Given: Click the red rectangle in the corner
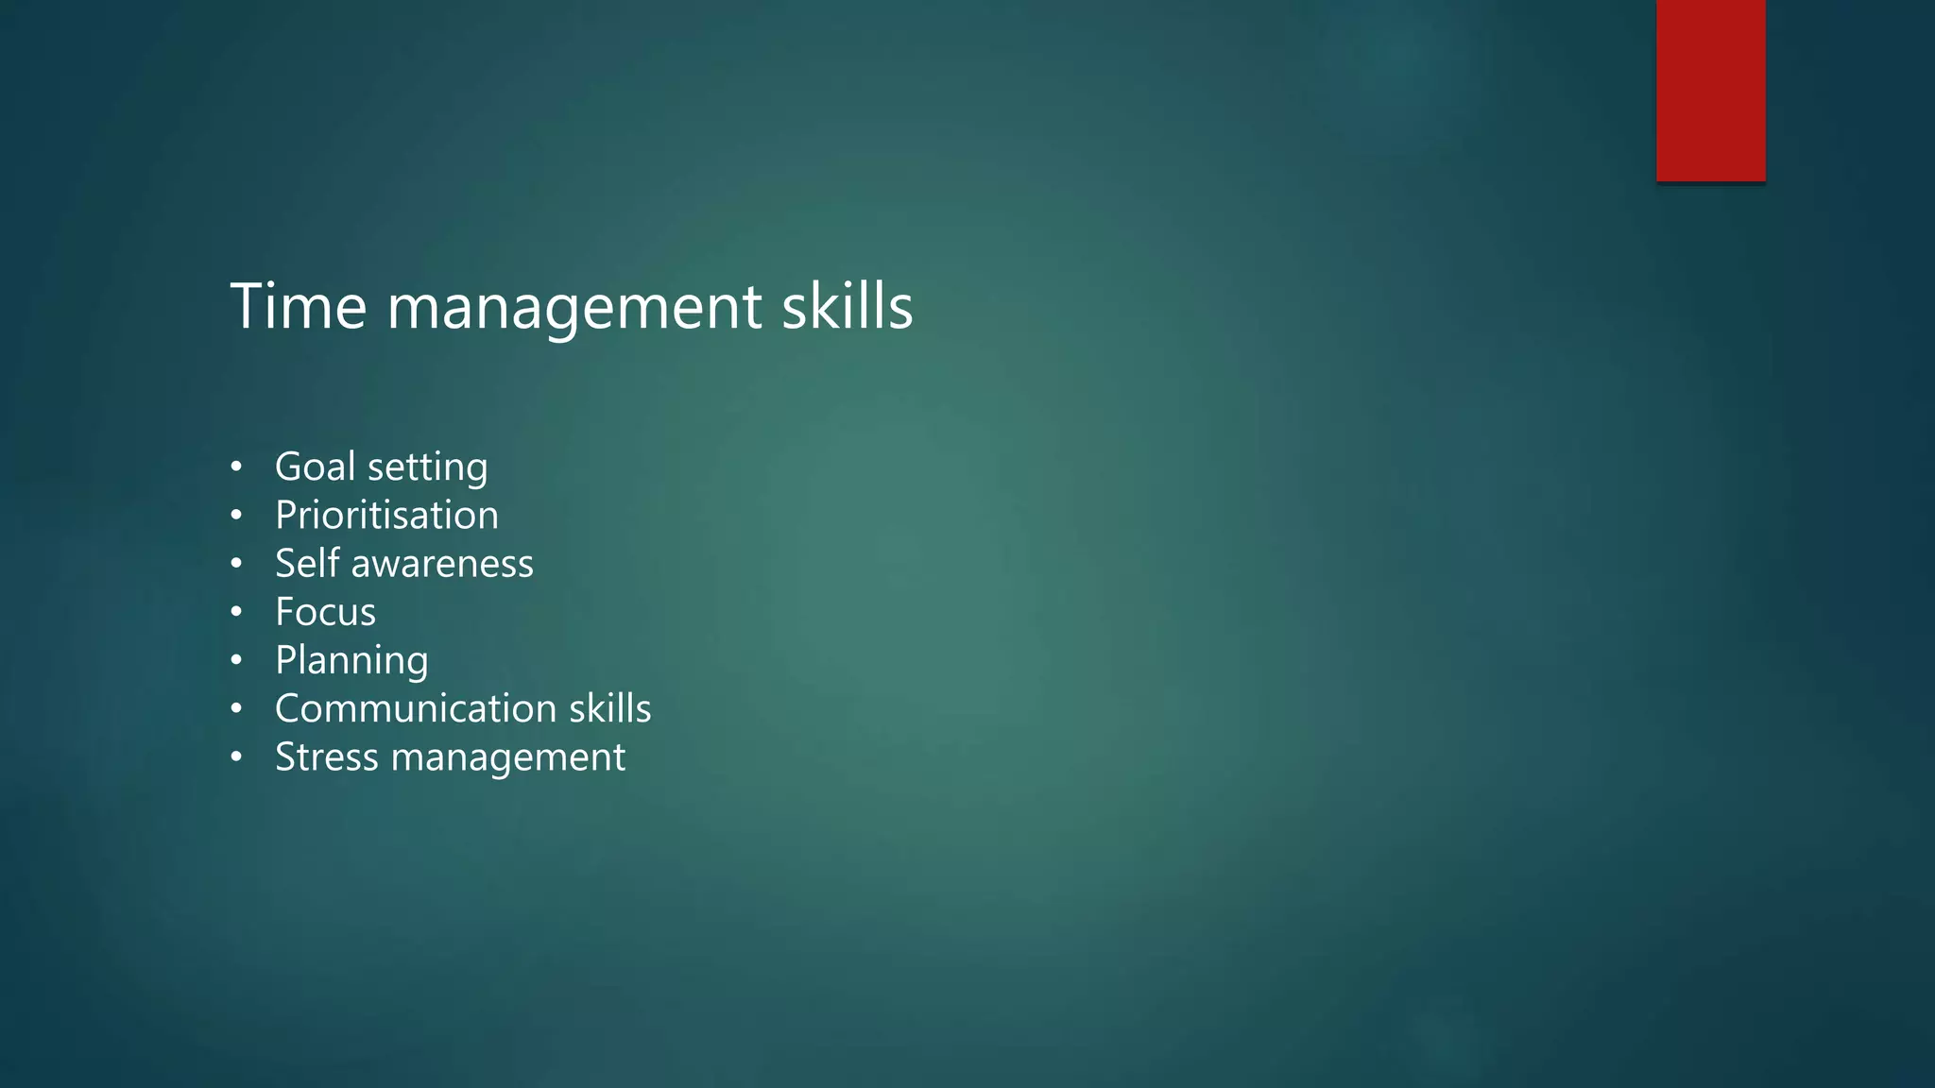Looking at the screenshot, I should coord(1710,91).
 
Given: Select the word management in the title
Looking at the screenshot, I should coord(574,308).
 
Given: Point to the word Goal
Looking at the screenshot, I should coord(315,467).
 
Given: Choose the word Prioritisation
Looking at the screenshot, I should coord(386,516).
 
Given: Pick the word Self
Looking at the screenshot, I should coord(307,564).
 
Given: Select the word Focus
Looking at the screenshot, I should coord(325,612).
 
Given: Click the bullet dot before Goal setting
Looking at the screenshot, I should coord(236,467).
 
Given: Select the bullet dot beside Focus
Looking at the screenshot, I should coord(236,612).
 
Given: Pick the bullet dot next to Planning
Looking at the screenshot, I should coord(236,660).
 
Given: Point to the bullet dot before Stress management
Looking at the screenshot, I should coord(236,757).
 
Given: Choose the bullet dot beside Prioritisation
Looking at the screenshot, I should coord(236,516).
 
